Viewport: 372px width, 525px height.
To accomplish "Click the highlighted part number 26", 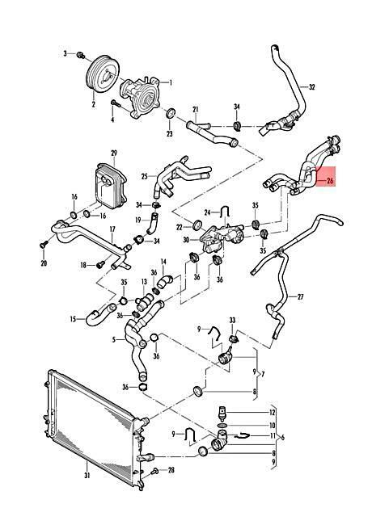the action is (x=330, y=181).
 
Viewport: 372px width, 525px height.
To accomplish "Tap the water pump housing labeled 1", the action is (x=140, y=98).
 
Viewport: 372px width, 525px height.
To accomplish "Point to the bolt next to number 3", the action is (x=80, y=55).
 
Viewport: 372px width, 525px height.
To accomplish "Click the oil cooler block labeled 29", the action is (x=111, y=184).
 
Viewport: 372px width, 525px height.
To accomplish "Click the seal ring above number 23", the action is (x=171, y=113).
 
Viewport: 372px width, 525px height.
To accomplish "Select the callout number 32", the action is (x=311, y=87).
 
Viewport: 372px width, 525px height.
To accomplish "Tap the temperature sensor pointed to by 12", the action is (x=222, y=414).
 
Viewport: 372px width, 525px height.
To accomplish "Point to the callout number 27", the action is (x=301, y=296).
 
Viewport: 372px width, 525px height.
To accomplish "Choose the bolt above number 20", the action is (x=43, y=245).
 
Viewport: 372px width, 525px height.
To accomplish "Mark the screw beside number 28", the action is (x=154, y=472).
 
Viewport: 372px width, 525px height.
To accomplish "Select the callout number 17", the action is (x=112, y=229).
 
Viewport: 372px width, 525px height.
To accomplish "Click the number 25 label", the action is (x=145, y=176).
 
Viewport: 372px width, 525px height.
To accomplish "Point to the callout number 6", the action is (x=283, y=438).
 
